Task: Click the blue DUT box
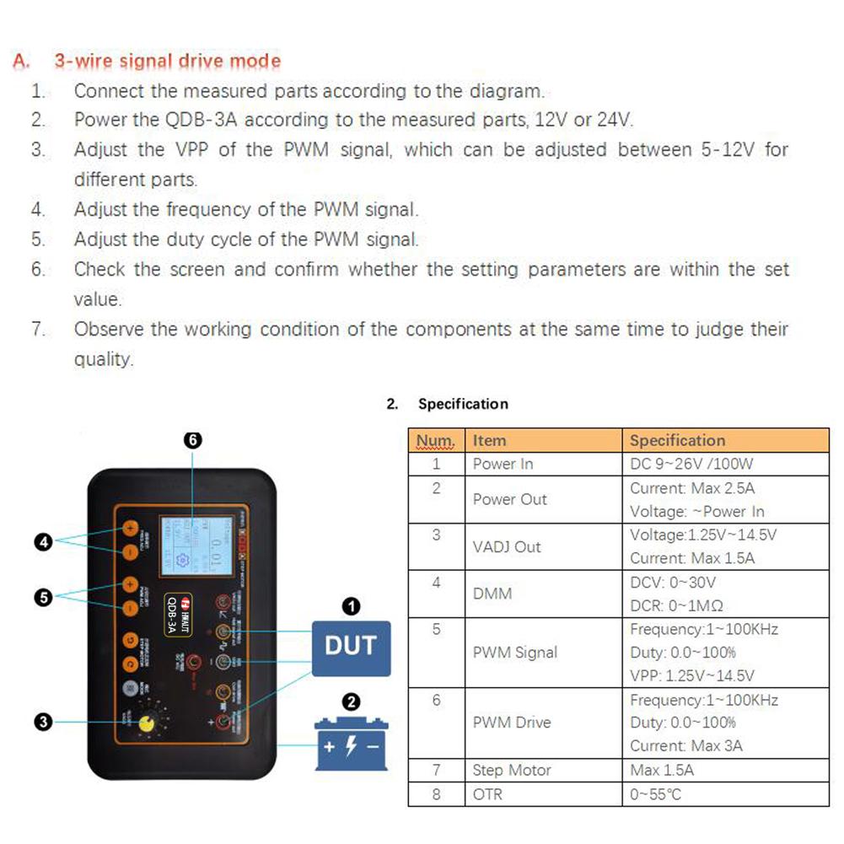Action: click(351, 648)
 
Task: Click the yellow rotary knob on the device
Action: click(148, 723)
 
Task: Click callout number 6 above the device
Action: click(192, 440)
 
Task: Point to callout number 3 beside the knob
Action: click(45, 722)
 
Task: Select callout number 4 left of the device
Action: click(45, 542)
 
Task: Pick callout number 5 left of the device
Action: click(45, 597)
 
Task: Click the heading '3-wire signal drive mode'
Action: click(167, 62)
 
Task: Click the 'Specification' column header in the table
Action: click(677, 440)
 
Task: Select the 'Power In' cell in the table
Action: click(503, 464)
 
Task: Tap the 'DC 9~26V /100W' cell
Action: click(691, 464)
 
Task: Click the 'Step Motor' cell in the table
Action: click(512, 770)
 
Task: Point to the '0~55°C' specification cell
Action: click(655, 794)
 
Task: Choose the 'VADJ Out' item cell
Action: click(507, 546)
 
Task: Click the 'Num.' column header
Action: click(436, 440)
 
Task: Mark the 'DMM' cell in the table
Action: click(492, 594)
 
